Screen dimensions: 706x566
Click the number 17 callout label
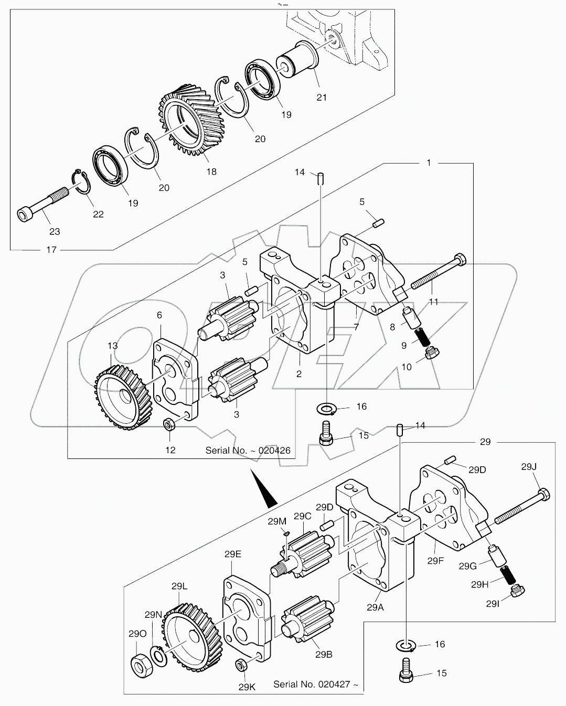click(51, 250)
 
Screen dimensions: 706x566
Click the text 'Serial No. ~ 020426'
click(248, 450)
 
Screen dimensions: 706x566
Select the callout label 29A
click(375, 607)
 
